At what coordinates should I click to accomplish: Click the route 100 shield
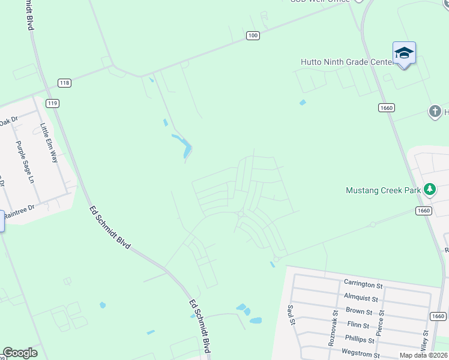coord(253,36)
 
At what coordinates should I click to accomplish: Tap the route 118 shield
coord(65,82)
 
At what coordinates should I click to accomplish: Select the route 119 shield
coord(53,104)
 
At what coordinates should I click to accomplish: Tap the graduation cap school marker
coord(404,53)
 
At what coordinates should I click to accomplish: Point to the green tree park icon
coord(429,190)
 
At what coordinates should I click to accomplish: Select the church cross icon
coord(435,111)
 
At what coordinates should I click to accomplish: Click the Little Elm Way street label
coord(49,143)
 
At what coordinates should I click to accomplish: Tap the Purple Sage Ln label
coord(25,161)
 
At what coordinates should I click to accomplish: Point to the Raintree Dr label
coord(20,211)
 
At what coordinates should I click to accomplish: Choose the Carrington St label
coord(363,284)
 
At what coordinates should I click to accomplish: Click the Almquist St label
coord(361,298)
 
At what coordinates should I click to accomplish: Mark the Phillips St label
coord(358,340)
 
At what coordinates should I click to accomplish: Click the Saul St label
coord(291,314)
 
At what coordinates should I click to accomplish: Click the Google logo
coord(20,353)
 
